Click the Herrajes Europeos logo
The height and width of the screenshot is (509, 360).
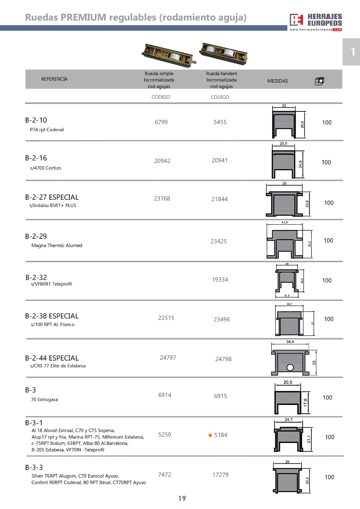coord(316,22)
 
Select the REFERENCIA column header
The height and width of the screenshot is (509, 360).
coord(54,79)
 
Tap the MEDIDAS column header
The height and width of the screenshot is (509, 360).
coord(277,81)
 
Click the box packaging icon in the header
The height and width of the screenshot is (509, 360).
coord(319,81)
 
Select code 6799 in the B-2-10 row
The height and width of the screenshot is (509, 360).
coord(161,122)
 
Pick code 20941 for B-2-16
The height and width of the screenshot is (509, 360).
coord(219,160)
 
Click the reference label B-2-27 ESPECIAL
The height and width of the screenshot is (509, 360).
coord(52,197)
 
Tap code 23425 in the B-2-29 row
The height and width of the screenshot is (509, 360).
coord(219,241)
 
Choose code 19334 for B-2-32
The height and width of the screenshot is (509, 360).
coord(220,280)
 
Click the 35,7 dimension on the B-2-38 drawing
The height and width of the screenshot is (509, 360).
coord(289,304)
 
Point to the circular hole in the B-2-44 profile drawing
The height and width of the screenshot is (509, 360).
coord(290,367)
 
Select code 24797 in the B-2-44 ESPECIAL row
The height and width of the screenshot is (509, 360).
coord(168,358)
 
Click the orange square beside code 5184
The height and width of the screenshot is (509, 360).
coord(210,435)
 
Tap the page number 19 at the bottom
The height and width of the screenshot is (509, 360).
coord(182,498)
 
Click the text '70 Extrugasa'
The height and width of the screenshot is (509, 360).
coord(44,400)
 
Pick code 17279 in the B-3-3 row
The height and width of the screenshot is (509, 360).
coord(220,475)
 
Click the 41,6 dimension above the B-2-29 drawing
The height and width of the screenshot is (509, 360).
coord(285,222)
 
